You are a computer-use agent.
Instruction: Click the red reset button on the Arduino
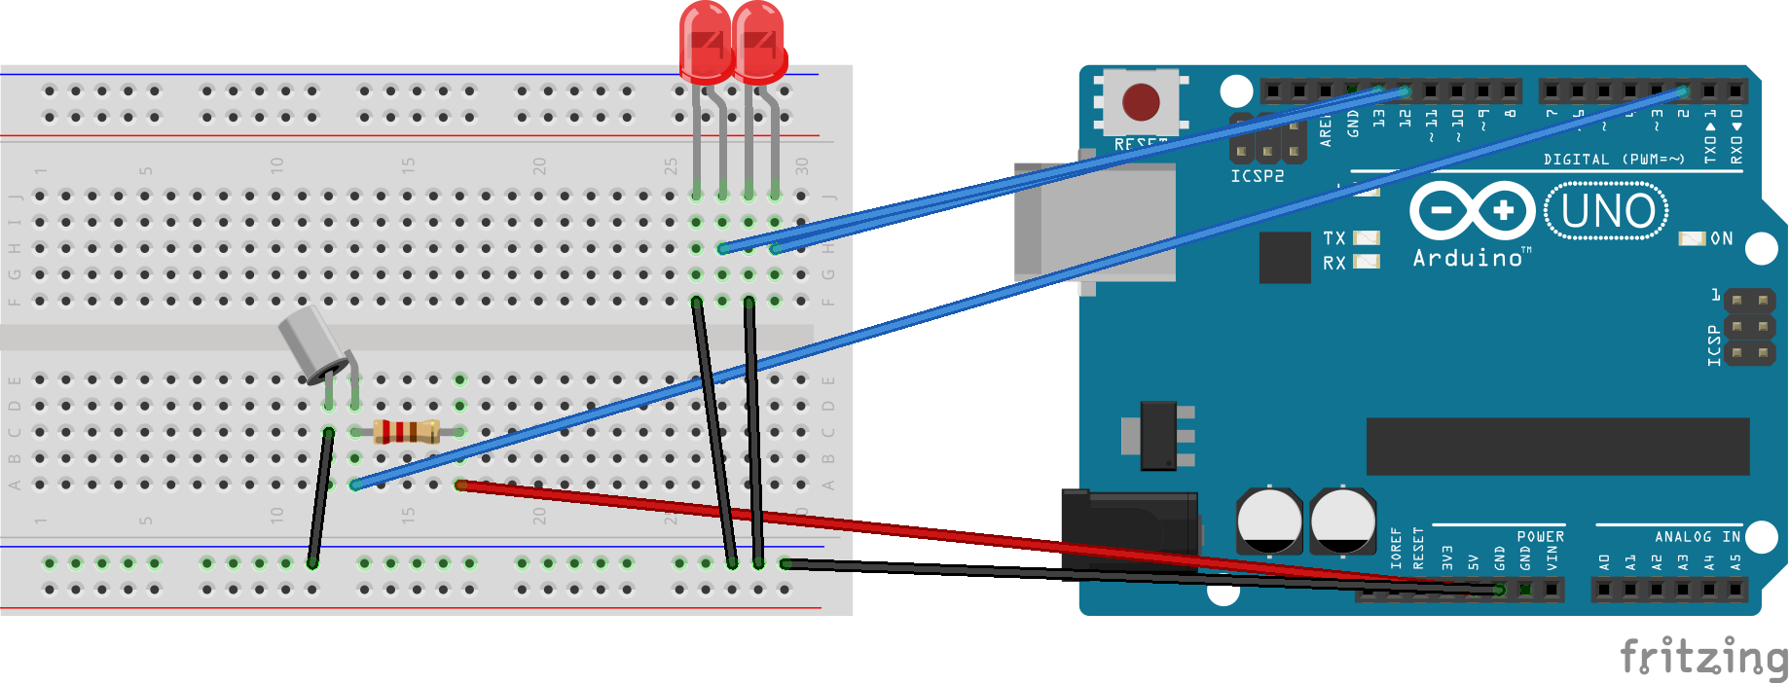[1141, 101]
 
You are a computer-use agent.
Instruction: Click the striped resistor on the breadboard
[407, 431]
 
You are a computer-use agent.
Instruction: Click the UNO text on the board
[1607, 211]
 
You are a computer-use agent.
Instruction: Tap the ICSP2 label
[1257, 176]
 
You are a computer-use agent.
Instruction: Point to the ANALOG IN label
[1698, 536]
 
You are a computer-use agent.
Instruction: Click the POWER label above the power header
[1540, 536]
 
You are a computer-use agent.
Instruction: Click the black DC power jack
[1129, 531]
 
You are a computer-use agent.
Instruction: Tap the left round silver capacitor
[1269, 521]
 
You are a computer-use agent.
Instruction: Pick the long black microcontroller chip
[1557, 447]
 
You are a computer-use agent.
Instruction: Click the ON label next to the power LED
[1721, 238]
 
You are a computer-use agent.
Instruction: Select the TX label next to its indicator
[1333, 238]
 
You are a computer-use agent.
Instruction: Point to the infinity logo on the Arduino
[1472, 211]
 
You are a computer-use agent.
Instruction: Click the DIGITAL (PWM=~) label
[1613, 159]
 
